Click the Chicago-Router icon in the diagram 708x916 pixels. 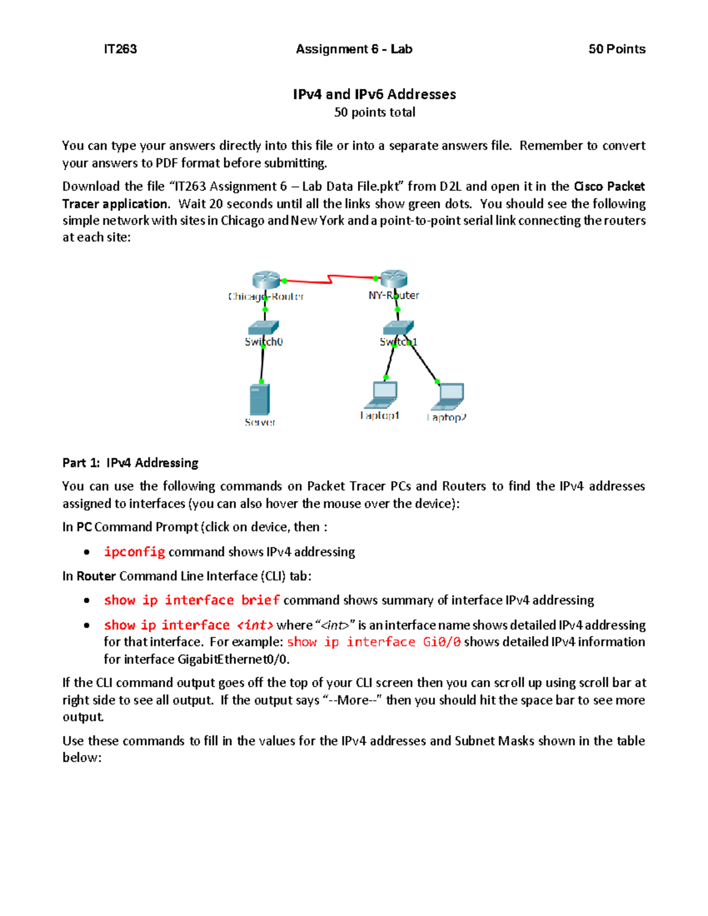tap(266, 280)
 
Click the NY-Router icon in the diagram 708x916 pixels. tap(394, 278)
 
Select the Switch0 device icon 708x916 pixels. tap(263, 327)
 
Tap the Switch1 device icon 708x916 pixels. tap(398, 327)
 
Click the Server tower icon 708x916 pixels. tap(260, 400)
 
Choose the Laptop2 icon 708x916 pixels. tap(448, 396)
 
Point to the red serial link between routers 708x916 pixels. tap(329, 278)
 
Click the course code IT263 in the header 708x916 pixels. tap(120, 49)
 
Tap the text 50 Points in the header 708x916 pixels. tap(617, 49)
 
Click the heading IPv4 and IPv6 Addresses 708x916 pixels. tap(374, 94)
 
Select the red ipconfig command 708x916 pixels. tap(135, 551)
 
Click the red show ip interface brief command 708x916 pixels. tap(191, 600)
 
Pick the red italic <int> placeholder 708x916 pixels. tap(255, 625)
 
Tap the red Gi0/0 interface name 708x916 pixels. tap(441, 642)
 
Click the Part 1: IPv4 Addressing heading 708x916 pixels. tap(130, 463)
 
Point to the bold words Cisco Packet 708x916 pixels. tap(609, 186)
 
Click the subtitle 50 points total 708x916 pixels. tap(374, 112)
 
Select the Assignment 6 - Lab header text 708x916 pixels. tap(354, 49)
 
